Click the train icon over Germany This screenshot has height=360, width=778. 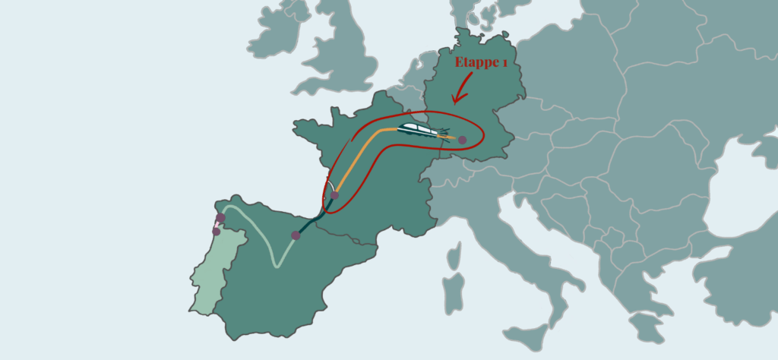point(420,130)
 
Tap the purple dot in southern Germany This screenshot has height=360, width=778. point(462,140)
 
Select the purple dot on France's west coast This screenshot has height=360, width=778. point(334,195)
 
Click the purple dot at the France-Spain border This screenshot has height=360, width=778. point(296,235)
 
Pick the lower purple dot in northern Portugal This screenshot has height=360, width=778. point(217,231)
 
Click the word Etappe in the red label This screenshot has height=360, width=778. point(478,64)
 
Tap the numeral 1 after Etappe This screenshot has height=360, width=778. point(504,65)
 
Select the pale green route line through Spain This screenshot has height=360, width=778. point(262,228)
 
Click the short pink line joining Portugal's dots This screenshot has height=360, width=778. point(218,225)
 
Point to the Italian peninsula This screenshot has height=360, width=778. point(532,273)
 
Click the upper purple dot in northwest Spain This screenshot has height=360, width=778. point(220,219)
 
